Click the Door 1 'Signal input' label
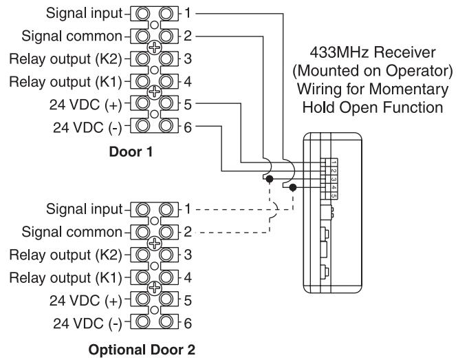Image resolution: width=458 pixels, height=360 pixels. click(84, 14)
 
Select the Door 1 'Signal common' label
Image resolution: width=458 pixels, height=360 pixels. click(72, 36)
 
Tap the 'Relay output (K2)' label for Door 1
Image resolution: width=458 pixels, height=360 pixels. click(65, 59)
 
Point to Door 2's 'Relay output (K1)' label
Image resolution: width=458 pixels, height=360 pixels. click(65, 278)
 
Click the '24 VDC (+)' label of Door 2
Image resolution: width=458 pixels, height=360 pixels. click(85, 301)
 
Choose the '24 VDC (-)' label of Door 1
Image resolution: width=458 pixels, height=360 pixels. click(87, 127)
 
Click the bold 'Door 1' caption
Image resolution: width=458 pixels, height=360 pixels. click(131, 152)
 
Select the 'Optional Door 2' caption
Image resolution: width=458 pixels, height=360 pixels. click(142, 350)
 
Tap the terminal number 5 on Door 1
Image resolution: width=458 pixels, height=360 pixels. click(188, 105)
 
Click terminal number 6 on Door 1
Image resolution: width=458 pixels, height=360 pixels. click(188, 127)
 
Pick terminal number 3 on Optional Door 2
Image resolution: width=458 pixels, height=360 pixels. click(188, 255)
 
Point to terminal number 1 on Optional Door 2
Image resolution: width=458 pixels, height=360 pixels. click(188, 209)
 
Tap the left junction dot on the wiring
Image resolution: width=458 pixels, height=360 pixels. click(270, 179)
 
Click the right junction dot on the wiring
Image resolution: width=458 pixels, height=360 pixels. click(293, 187)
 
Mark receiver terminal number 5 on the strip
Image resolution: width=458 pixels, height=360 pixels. click(334, 196)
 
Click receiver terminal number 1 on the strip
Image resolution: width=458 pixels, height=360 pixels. click(334, 163)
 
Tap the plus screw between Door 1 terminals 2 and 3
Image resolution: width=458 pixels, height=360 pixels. click(154, 47)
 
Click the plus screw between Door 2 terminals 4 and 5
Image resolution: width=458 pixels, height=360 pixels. click(154, 288)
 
